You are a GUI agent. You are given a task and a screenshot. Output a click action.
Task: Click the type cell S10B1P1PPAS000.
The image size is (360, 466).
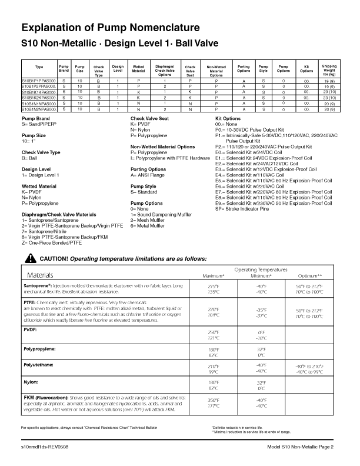coord(39,81)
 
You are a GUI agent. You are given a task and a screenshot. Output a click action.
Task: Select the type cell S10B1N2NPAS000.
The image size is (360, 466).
coord(39,109)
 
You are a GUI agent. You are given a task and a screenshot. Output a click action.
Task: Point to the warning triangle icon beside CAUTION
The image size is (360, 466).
coord(31,258)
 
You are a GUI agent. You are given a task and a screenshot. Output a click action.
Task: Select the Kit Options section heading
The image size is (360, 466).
coord(232,119)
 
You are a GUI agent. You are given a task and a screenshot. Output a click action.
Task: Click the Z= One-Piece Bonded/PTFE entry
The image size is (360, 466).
coord(52,242)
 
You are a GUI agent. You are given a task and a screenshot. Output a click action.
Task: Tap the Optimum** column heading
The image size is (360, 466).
coord(309,275)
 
